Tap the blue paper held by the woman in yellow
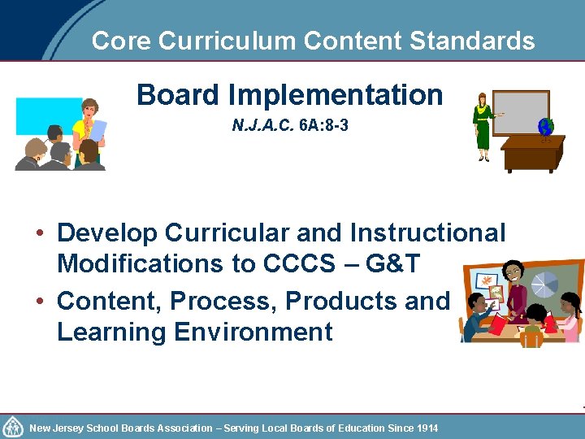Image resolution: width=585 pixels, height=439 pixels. coord(97,130)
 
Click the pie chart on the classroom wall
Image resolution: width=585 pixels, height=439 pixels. coord(544,285)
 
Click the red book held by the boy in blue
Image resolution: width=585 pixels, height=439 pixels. coord(496,324)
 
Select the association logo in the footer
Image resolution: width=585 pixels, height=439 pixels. coord(13,427)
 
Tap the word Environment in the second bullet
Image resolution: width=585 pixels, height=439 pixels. coord(248,332)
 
